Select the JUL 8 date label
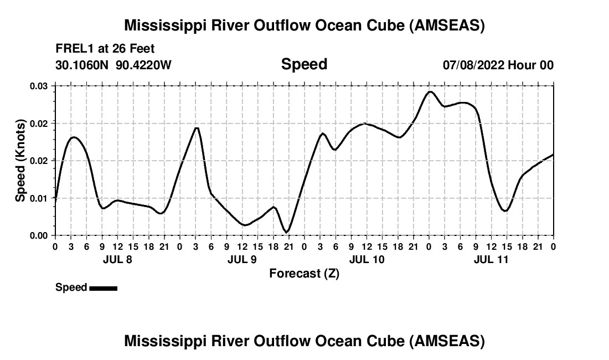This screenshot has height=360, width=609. tap(117, 259)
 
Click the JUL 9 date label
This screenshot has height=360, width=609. tap(242, 259)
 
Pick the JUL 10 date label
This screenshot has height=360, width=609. tap(367, 259)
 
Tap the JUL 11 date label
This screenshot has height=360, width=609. tap(491, 259)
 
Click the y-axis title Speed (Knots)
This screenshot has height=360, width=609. tap(20, 161)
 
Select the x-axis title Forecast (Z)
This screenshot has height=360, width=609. tap(304, 273)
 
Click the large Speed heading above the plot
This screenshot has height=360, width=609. tap(304, 64)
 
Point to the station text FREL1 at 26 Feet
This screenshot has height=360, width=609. tap(105, 49)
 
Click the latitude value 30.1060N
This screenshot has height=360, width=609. tap(83, 65)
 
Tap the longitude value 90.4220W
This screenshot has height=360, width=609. tap(143, 65)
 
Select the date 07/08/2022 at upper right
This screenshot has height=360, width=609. tap(473, 65)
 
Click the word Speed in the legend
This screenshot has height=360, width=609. tap(71, 287)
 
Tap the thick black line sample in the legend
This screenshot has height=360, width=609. tap(103, 288)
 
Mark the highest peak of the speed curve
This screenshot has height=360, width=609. tap(430, 91)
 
